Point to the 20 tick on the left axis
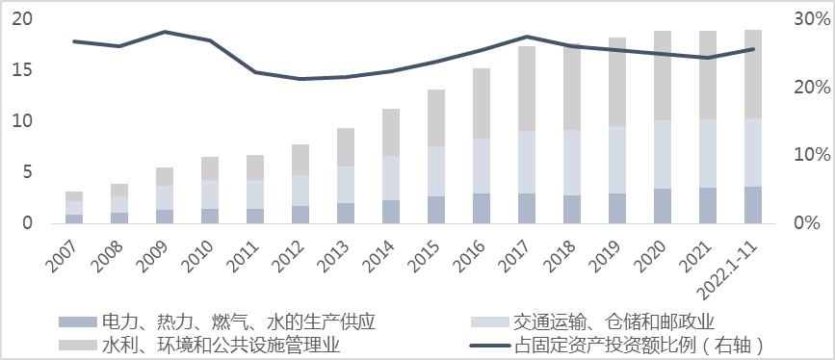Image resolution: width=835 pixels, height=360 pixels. click(22, 19)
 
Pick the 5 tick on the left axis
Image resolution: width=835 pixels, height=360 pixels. click(27, 172)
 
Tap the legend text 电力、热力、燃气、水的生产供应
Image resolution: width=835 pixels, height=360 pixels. click(238, 321)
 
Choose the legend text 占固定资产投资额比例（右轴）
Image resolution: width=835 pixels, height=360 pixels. click(653, 344)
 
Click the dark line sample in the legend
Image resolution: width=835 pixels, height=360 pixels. click(487, 344)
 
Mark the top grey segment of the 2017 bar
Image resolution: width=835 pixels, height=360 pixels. click(527, 88)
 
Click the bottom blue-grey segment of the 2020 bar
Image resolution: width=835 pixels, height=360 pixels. click(663, 205)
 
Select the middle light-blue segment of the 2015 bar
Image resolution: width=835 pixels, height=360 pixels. click(436, 170)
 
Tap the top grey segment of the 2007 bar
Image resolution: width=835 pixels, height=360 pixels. click(73, 196)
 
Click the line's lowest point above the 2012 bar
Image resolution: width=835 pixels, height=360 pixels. click(300, 79)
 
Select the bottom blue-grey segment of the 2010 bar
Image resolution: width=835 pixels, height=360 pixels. click(209, 216)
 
